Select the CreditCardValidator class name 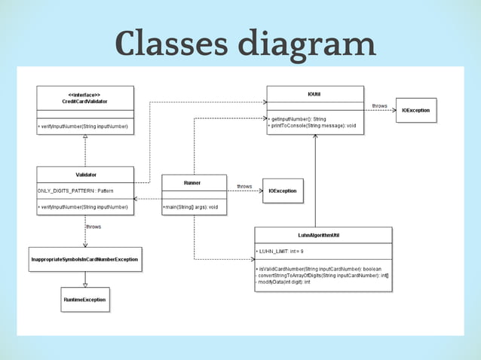pos(84,101)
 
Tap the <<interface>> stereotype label pos(84,94)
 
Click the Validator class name pos(85,174)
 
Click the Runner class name pos(193,182)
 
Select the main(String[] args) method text pos(191,206)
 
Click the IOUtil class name pos(314,93)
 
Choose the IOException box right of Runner pos(283,191)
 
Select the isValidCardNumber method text pos(317,269)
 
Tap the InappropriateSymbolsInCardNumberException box pos(84,259)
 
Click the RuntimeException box pos(84,300)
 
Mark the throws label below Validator pos(93,226)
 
